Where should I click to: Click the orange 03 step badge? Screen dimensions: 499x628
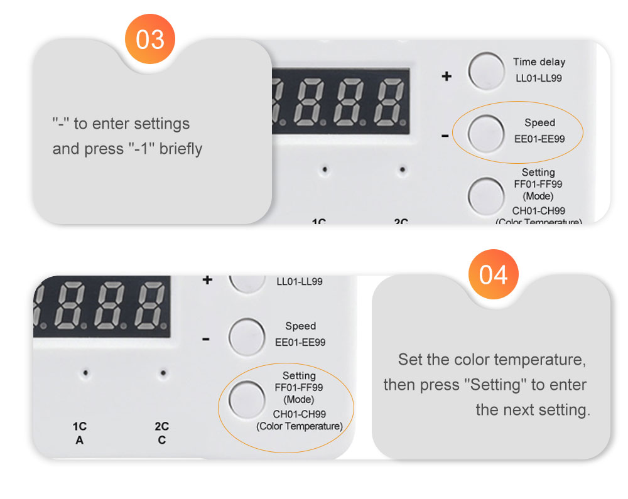tap(150, 40)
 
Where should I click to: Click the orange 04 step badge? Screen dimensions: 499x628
tap(494, 274)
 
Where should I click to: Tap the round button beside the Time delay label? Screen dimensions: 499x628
tap(486, 70)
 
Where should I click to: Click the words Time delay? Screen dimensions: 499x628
tap(539, 62)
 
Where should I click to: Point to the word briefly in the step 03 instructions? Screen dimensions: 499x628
tap(181, 149)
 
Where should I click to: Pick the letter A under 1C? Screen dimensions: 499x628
tap(79, 440)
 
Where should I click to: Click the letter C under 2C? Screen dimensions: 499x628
tap(161, 440)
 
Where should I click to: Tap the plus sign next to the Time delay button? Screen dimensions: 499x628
tap(447, 77)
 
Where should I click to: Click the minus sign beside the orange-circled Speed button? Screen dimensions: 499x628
tap(445, 136)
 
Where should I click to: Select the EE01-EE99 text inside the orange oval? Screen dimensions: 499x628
tap(539, 139)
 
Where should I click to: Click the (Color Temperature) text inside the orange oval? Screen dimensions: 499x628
tap(300, 427)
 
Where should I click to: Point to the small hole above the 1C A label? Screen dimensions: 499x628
tap(86, 373)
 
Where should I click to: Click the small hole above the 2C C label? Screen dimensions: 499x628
tap(163, 373)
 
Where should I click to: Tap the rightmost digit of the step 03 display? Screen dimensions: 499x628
tap(388, 102)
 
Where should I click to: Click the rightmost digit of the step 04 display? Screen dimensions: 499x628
tap(151, 306)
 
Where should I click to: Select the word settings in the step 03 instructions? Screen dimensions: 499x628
tap(161, 124)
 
